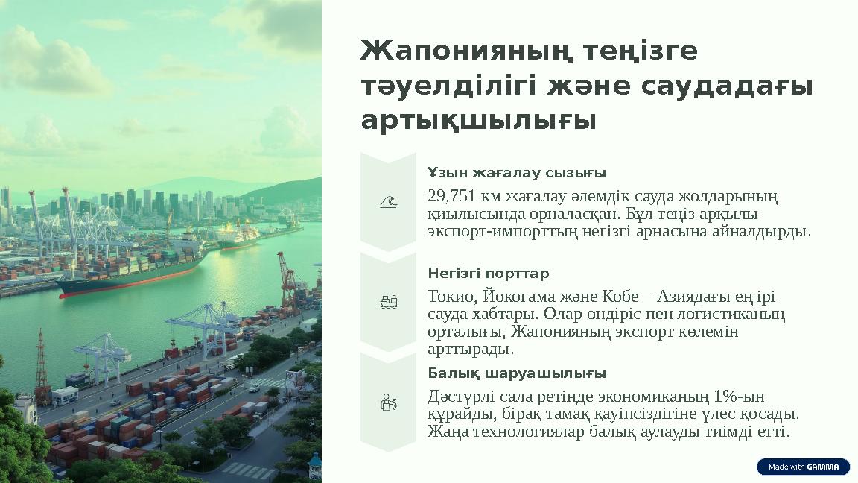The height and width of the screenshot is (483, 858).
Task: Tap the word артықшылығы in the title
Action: click(x=478, y=121)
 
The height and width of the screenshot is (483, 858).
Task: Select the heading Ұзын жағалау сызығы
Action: click(x=516, y=173)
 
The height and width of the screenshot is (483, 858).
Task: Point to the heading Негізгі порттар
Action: click(x=488, y=273)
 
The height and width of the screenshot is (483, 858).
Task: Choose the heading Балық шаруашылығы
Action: click(x=516, y=373)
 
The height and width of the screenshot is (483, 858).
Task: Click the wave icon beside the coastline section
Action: click(x=388, y=201)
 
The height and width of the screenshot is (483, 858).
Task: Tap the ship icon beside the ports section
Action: click(x=388, y=302)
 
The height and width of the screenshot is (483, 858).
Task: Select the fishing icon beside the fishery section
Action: click(x=388, y=403)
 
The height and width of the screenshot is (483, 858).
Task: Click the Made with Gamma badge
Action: click(x=803, y=467)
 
